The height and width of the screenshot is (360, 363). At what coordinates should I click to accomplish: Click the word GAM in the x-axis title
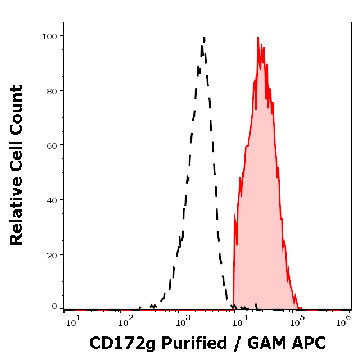point(265,343)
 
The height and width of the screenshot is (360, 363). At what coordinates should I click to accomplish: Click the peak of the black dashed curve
point(204,38)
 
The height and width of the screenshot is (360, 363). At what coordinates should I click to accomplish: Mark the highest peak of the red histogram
point(258,38)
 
